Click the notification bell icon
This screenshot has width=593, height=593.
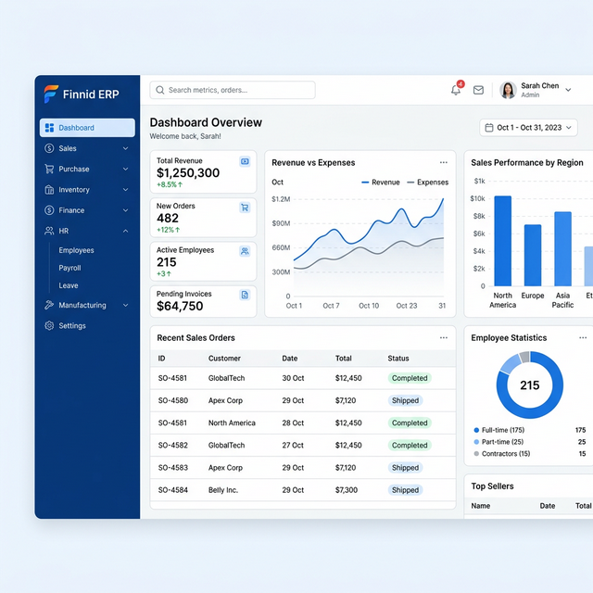click(456, 90)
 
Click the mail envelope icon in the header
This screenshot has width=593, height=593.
click(478, 90)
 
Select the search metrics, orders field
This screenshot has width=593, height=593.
click(233, 90)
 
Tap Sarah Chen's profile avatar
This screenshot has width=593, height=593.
click(508, 90)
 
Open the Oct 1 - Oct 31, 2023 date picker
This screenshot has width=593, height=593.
click(529, 128)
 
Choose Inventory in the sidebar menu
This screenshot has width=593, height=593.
click(74, 190)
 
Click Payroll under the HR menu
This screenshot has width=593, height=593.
click(69, 268)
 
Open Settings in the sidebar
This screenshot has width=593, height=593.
click(72, 326)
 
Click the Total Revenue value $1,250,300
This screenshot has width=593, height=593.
click(188, 173)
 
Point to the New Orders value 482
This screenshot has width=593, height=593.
click(168, 218)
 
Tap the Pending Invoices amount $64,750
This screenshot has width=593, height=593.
click(180, 306)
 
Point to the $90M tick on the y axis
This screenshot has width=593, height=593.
click(281, 223)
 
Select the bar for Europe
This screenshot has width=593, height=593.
click(533, 255)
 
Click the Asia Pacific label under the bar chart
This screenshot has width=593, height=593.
click(562, 300)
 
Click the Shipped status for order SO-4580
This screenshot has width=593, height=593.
click(405, 401)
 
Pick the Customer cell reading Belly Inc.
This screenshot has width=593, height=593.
click(223, 490)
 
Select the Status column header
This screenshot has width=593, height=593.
click(398, 359)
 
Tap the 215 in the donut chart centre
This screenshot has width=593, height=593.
click(529, 385)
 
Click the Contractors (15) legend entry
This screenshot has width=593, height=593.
click(505, 454)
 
